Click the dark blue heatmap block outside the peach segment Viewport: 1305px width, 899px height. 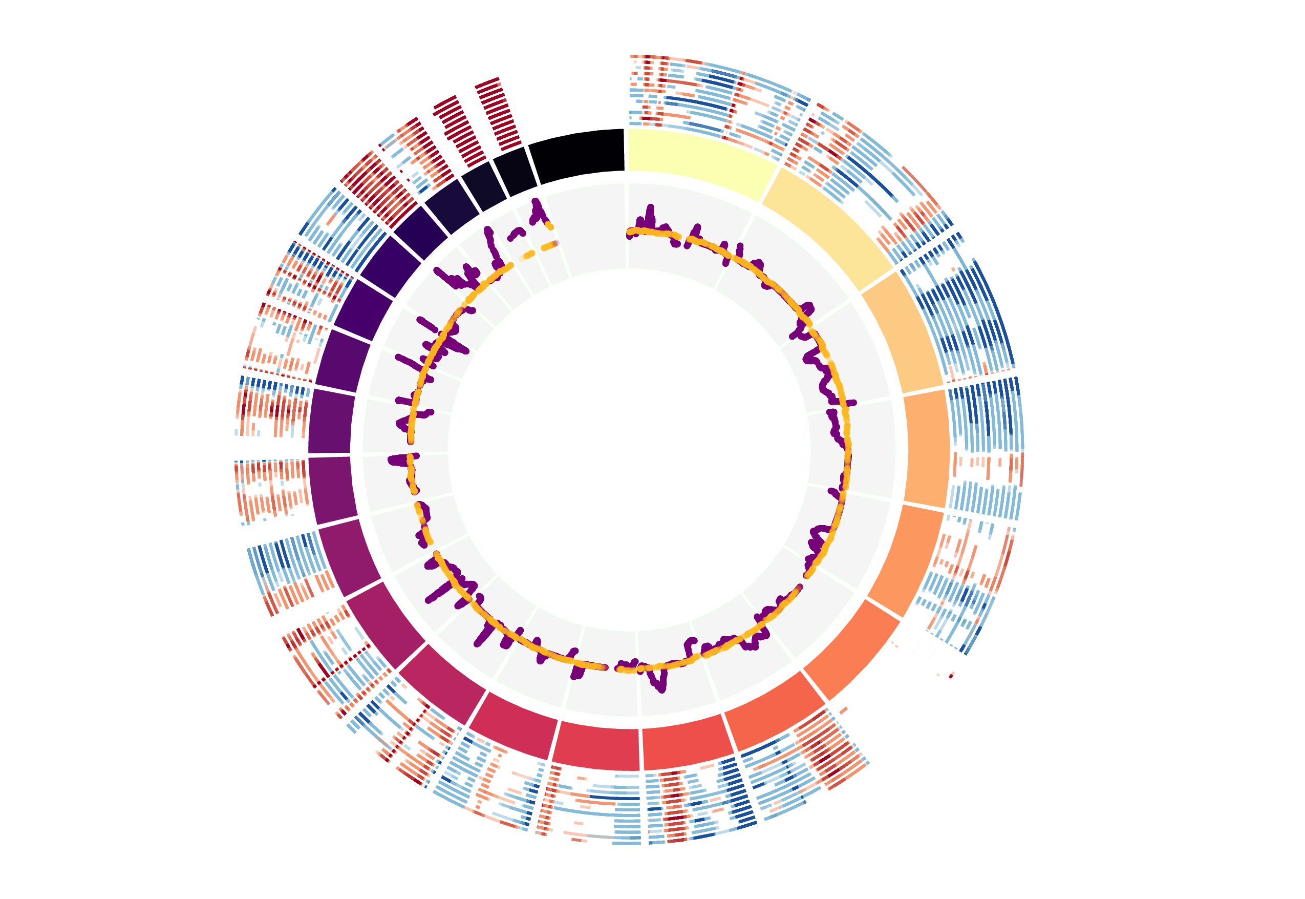point(962,316)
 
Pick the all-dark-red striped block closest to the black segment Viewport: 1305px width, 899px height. point(498,113)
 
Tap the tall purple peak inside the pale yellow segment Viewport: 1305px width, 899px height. point(650,214)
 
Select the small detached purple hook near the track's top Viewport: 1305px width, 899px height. point(516,233)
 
